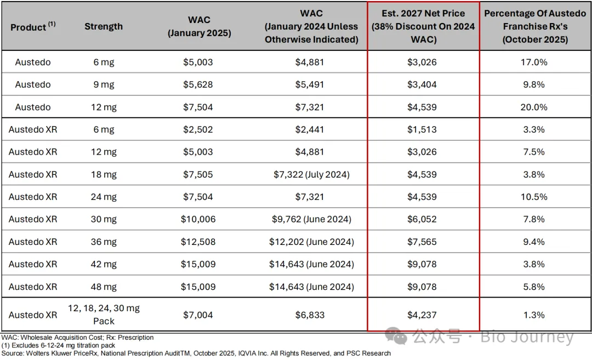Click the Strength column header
tap(104, 26)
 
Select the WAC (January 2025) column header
tap(199, 26)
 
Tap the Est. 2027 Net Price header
tap(423, 26)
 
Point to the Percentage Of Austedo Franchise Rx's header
tap(534, 26)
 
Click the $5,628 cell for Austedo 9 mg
tap(198, 84)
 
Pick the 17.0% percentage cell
tap(534, 62)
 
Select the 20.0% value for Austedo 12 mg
tap(534, 107)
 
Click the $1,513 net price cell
tap(422, 130)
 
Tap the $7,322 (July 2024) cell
tap(311, 175)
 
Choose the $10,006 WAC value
tap(198, 219)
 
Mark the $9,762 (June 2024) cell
tap(311, 219)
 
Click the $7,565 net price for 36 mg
tap(422, 242)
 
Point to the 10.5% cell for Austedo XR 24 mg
tap(534, 197)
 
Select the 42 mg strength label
tap(104, 264)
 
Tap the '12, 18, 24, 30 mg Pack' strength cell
tap(104, 314)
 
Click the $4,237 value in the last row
tap(422, 315)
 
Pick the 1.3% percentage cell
tap(534, 315)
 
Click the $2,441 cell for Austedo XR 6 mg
tap(310, 130)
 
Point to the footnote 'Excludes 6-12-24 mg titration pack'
tap(60, 346)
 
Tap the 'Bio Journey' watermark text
tap(527, 338)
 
